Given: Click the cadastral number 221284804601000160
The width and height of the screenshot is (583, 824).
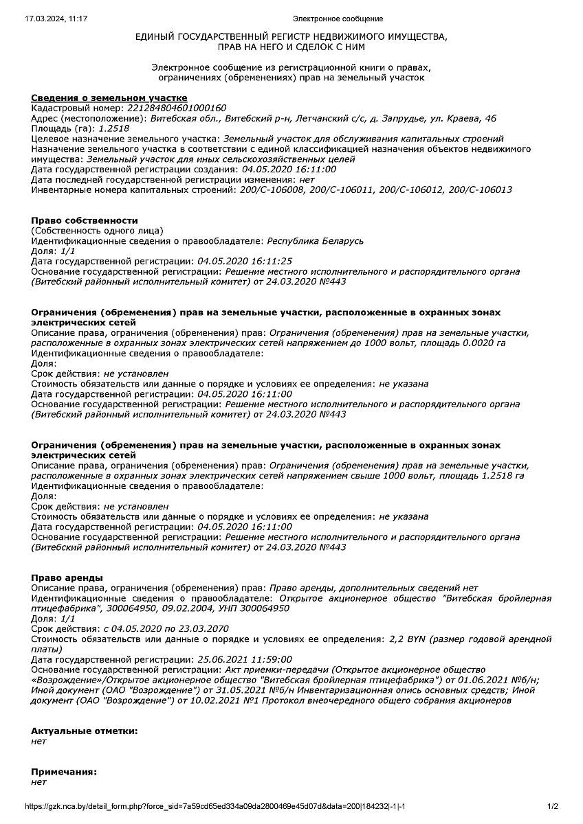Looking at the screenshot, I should tap(177, 108).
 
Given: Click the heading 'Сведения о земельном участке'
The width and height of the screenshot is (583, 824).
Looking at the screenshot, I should tap(109, 98).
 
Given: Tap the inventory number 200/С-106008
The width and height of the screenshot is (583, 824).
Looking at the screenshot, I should tap(269, 190).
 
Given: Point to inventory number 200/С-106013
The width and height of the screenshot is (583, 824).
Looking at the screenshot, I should tap(480, 190).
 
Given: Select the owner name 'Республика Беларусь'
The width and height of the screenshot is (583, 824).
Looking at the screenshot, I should tap(315, 241).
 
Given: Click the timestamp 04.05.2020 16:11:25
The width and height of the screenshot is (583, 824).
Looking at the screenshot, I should tap(245, 262).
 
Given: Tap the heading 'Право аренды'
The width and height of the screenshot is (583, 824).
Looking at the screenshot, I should tap(67, 577).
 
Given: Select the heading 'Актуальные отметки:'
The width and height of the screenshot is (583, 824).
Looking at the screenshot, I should tap(85, 731).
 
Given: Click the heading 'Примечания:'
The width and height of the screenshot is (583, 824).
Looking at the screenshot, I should tap(64, 771).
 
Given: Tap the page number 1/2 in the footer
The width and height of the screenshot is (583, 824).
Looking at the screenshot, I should tap(553, 806).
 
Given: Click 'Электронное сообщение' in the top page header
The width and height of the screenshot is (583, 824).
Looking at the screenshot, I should tap(338, 19).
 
